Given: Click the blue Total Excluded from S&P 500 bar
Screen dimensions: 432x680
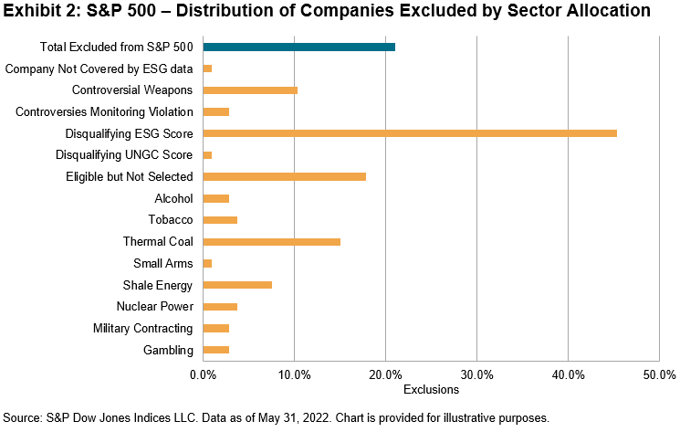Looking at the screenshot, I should [x=298, y=47].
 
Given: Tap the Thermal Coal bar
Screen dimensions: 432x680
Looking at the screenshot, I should [x=271, y=242].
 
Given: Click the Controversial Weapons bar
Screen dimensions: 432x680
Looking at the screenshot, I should [x=250, y=90].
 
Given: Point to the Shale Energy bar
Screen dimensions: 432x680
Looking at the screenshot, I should [x=237, y=285].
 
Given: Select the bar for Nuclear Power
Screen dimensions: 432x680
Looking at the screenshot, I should [x=220, y=307].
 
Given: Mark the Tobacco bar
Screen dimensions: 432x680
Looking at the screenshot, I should [x=220, y=220].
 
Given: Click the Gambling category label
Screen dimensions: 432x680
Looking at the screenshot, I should [x=169, y=351].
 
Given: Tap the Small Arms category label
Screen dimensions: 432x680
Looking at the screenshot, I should [x=162, y=264].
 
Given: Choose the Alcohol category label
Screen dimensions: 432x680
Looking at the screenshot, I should [x=173, y=198].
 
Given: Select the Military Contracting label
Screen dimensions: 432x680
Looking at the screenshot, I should [x=142, y=329].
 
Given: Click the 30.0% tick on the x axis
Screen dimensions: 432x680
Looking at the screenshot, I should [x=476, y=374].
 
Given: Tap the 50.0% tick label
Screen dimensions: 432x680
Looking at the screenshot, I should [x=658, y=374].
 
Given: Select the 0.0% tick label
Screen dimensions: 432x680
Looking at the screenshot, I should [x=203, y=374].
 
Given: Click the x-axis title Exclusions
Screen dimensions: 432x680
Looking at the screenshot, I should [x=430, y=390].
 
